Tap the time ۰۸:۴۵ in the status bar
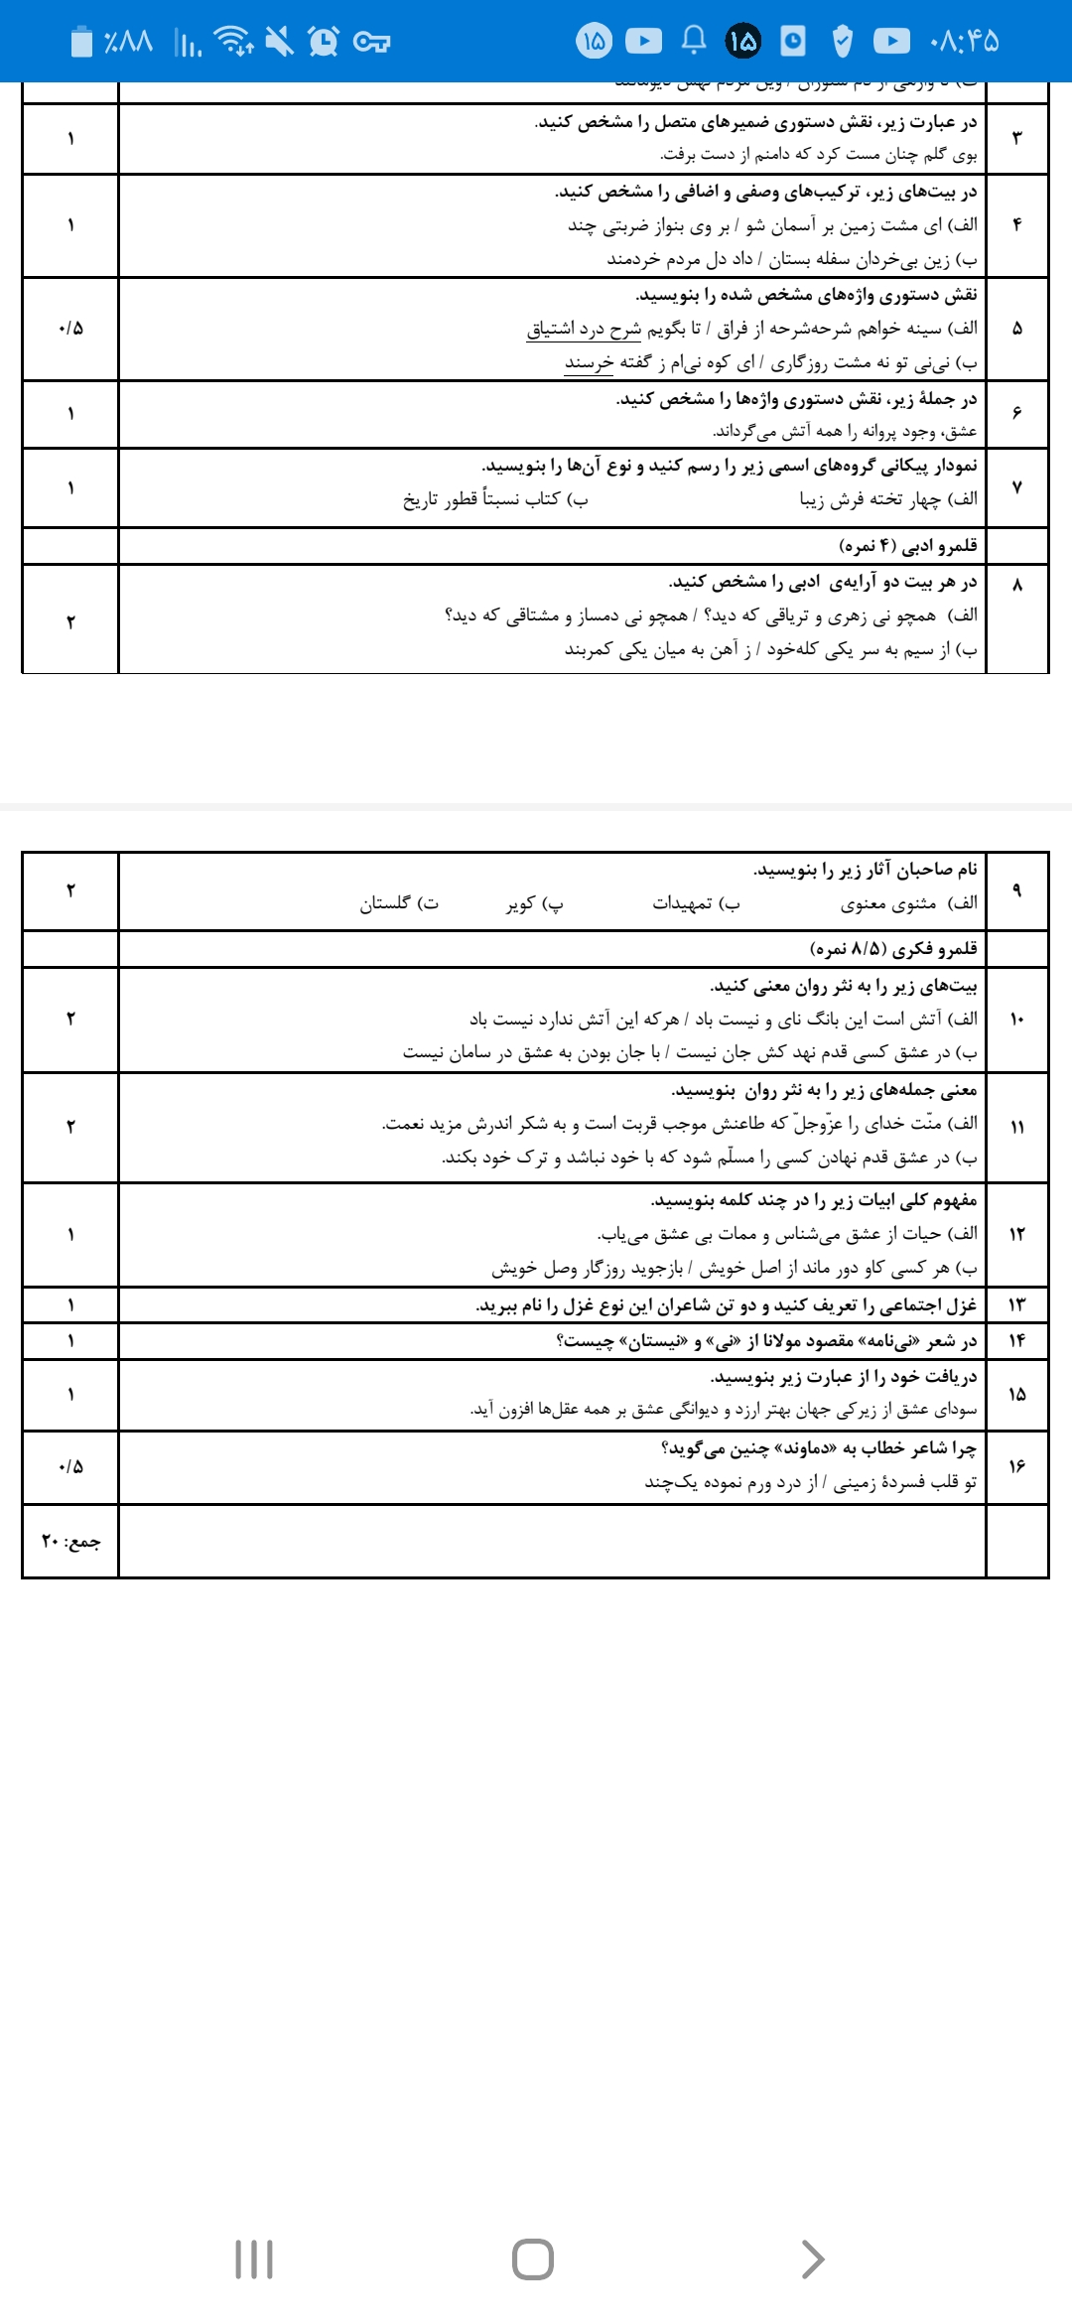click(x=964, y=41)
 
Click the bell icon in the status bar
click(x=694, y=40)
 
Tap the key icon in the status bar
click(x=371, y=42)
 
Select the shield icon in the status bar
click(x=842, y=41)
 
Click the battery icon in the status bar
click(x=82, y=41)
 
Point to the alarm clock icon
click(x=324, y=41)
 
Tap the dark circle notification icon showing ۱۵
click(x=743, y=41)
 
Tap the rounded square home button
click(x=533, y=2258)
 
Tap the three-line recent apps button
click(x=254, y=2258)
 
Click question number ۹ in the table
click(x=1016, y=890)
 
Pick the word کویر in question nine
click(x=522, y=903)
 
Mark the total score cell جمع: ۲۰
click(x=70, y=1542)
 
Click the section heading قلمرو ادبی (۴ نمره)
click(x=908, y=545)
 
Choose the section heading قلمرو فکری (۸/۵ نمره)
click(x=894, y=949)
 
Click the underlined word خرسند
click(x=590, y=362)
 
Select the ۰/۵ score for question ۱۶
click(x=70, y=1466)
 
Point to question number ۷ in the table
click(x=1016, y=487)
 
